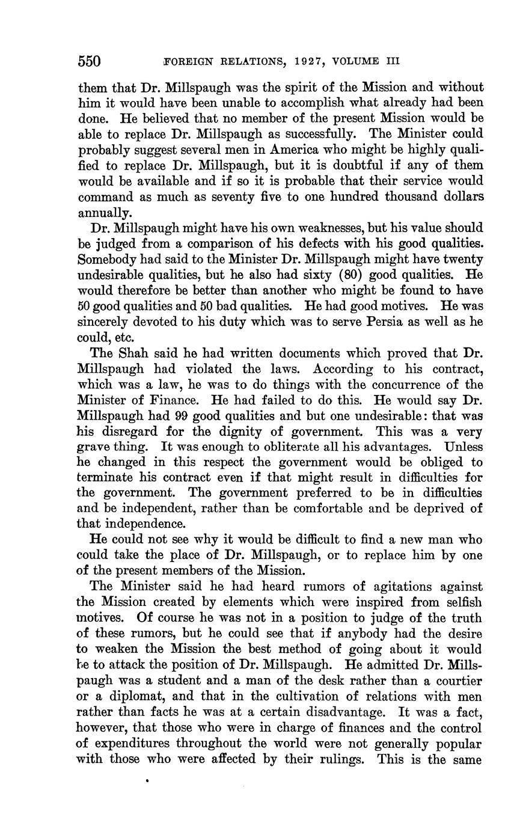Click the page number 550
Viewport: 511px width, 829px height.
pos(89,61)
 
